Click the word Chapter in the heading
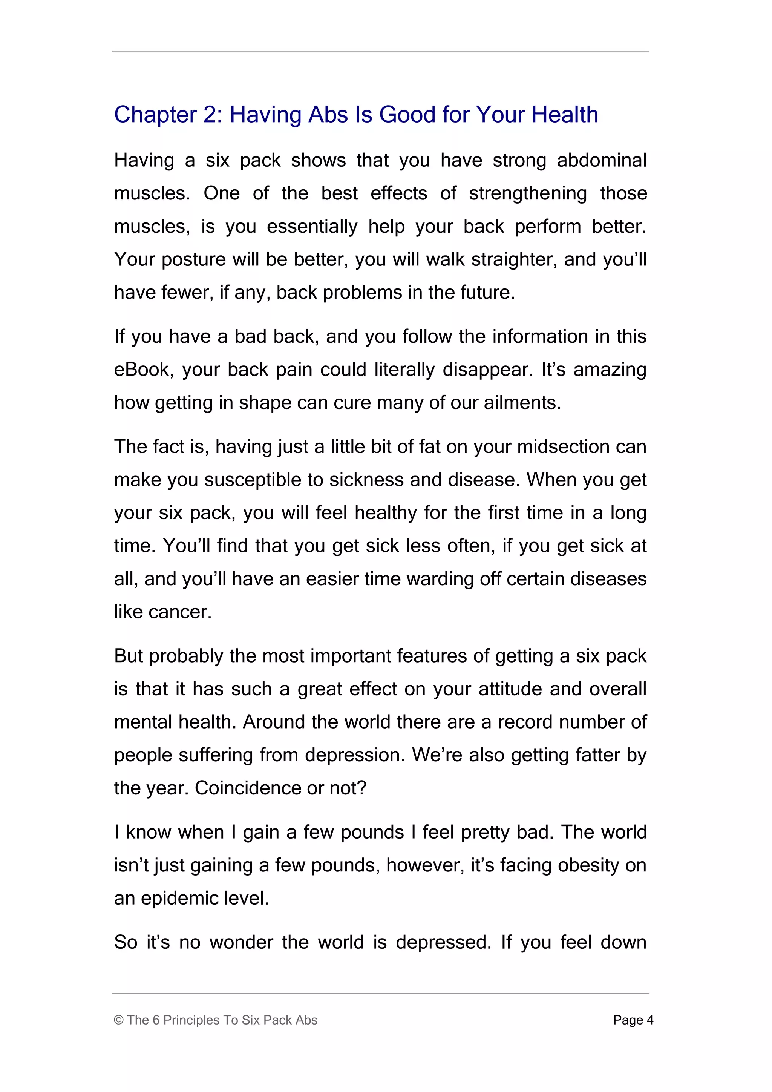click(155, 115)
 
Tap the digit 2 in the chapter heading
click(210, 115)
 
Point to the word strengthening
click(528, 193)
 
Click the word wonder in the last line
click(242, 942)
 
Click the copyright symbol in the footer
click(119, 1020)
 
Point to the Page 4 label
click(633, 1020)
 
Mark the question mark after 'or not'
click(362, 788)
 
